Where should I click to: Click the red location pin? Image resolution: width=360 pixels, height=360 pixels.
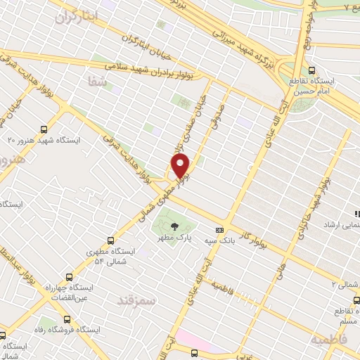coord(181,166)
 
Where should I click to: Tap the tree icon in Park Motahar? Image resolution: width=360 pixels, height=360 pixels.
coord(173,226)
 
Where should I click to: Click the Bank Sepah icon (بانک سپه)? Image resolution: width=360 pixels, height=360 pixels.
coord(220,230)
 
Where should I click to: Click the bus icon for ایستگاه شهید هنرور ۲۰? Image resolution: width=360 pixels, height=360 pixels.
coord(44,129)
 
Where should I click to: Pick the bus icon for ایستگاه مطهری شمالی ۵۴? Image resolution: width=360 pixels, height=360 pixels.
coord(110,240)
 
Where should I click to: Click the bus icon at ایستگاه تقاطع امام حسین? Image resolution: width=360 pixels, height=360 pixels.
coord(312,70)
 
